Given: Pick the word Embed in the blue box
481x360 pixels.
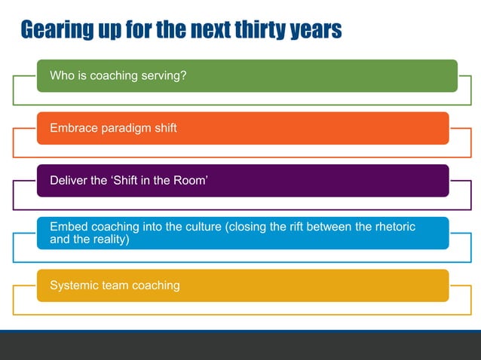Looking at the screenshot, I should [67, 227].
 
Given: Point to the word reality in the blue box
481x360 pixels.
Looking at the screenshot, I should [109, 239].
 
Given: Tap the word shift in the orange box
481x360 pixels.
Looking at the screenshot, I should [164, 128].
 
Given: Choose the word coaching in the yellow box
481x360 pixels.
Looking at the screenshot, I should [155, 285].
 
